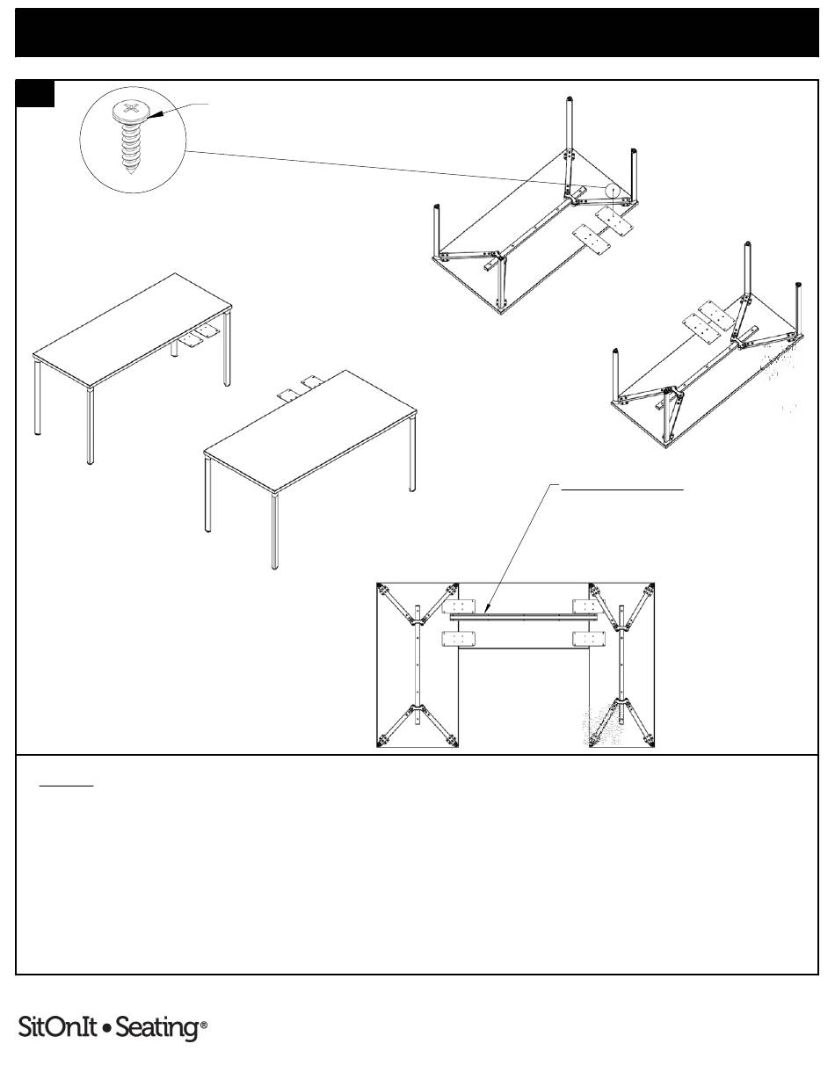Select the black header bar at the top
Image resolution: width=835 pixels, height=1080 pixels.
coord(417,33)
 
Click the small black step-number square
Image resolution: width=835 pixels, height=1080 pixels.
coord(35,93)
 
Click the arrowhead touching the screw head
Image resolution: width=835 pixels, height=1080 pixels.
coord(155,115)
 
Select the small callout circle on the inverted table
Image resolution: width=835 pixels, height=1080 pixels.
coord(613,192)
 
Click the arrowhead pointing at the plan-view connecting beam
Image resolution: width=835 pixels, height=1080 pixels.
coord(488,607)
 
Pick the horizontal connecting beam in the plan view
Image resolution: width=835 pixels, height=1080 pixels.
coord(523,617)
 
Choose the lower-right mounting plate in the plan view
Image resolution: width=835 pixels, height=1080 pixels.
coord(589,639)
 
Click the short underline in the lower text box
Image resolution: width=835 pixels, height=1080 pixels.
coord(67,786)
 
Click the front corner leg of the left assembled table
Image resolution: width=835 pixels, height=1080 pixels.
coord(91,426)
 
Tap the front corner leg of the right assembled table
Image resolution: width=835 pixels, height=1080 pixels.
coord(274,532)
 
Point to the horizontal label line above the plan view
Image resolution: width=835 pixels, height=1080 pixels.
coord(622,489)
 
